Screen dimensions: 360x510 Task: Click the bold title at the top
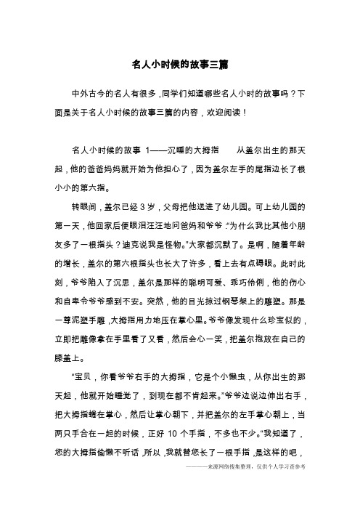point(180,65)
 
